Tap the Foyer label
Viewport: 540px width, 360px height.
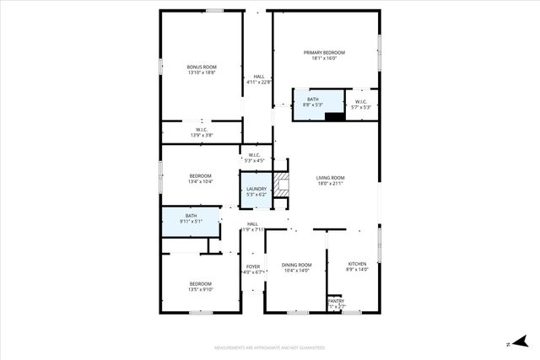[253, 269]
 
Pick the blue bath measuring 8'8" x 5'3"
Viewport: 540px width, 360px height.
[313, 102]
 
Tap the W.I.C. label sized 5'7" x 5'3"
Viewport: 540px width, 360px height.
[360, 105]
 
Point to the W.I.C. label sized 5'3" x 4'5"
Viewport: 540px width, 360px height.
[254, 158]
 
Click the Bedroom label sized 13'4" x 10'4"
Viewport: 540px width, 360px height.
[200, 179]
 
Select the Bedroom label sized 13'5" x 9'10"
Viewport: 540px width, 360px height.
[201, 286]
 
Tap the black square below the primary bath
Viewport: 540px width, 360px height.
[335, 116]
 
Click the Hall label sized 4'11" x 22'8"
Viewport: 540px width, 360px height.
[258, 79]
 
